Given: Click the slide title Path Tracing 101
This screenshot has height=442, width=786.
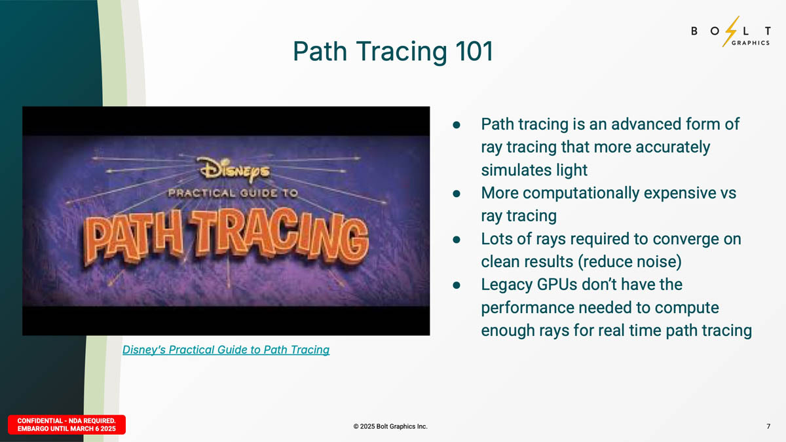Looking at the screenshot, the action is [393, 51].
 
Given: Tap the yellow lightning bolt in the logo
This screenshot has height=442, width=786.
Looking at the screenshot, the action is [731, 31].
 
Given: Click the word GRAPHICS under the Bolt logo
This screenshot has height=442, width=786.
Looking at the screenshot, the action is [751, 43].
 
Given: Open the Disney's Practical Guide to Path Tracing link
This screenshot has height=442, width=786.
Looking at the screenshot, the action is [226, 350].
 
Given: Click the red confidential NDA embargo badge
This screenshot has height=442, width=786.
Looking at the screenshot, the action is [67, 424].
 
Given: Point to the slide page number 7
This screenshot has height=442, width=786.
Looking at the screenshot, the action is [768, 426].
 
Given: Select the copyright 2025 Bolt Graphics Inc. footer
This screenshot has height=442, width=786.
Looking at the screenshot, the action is [390, 426].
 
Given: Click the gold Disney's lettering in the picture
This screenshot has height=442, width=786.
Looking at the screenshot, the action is [234, 170].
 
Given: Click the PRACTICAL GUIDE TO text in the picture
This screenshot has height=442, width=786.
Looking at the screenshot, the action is [233, 193].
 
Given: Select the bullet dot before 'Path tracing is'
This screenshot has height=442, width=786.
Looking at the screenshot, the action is [457, 124].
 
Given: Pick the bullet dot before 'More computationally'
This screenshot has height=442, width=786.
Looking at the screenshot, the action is [457, 193].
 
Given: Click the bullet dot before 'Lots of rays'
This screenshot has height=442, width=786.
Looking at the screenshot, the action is [457, 239].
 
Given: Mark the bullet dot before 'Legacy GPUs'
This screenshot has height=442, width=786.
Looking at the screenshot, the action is [457, 285].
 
